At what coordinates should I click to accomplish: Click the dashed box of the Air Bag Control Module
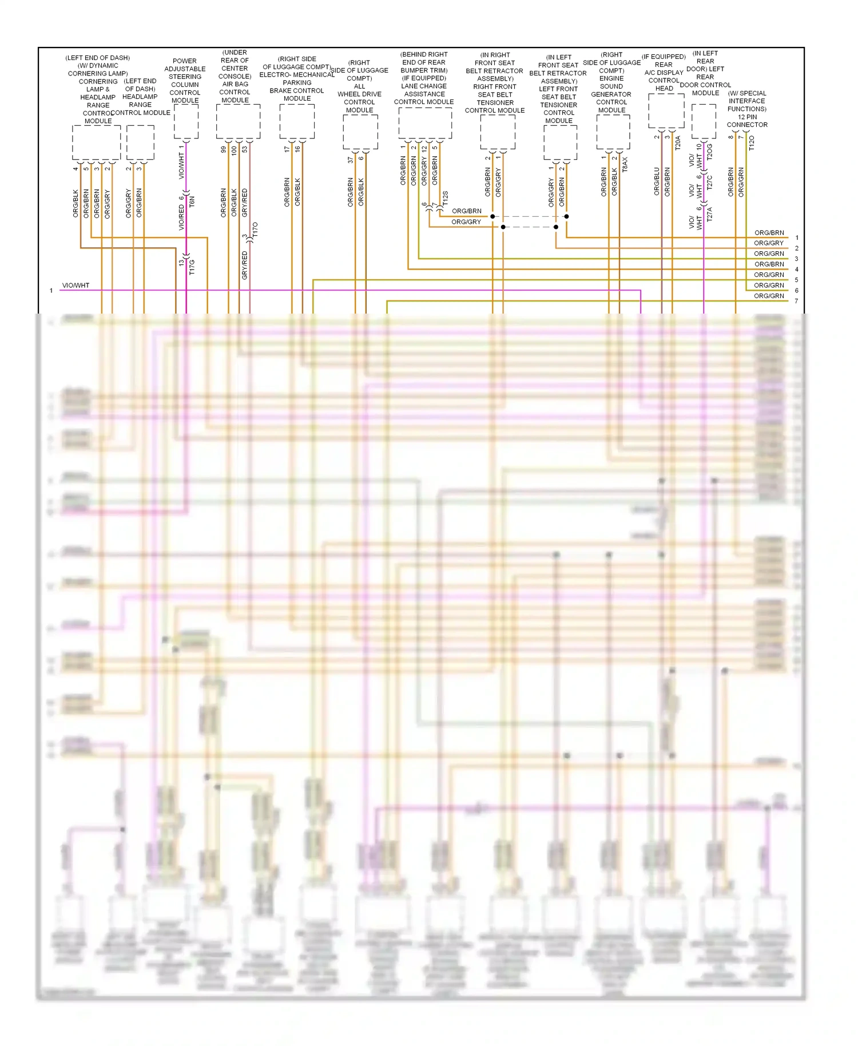[238, 121]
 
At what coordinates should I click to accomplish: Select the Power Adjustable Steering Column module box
[186, 121]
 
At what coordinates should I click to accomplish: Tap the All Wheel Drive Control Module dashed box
[360, 132]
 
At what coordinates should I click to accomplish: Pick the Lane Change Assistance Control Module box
[425, 122]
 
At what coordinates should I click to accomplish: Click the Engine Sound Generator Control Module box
[613, 132]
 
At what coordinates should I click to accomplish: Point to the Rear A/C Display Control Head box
[666, 110]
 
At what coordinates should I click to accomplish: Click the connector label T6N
[192, 201]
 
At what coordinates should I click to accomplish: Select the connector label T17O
[255, 229]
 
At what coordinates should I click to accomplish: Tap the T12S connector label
[445, 199]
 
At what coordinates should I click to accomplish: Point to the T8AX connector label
[625, 164]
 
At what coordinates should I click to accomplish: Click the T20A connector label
[678, 142]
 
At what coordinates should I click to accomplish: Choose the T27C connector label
[710, 182]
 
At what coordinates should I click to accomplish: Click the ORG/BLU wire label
[657, 181]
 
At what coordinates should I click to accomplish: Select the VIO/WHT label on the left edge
[76, 285]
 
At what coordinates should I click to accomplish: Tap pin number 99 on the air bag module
[224, 149]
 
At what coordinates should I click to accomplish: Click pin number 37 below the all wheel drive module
[350, 160]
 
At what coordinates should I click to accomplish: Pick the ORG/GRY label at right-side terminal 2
[769, 243]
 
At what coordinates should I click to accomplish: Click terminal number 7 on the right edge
[796, 301]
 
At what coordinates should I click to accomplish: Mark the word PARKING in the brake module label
[297, 82]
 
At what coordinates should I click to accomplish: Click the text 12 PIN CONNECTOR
[747, 121]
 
